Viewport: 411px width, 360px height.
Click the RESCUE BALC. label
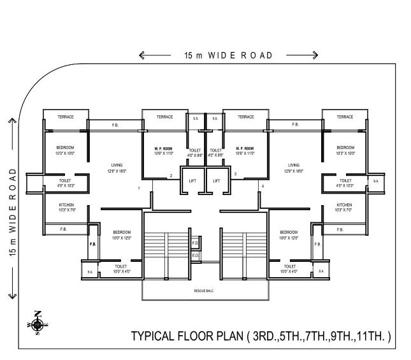click(x=205, y=291)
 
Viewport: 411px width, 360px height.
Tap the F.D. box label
click(x=196, y=243)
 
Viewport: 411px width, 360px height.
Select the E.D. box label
click(x=196, y=256)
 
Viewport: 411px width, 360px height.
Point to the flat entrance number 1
click(x=139, y=189)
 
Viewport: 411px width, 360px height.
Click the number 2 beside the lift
click(x=170, y=175)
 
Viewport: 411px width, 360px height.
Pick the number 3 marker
click(x=235, y=173)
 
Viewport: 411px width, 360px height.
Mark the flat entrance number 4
click(x=262, y=185)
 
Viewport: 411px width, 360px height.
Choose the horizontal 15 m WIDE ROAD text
click(x=228, y=55)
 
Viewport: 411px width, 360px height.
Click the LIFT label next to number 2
click(x=193, y=181)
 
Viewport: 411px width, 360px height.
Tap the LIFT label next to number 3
click(x=217, y=181)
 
